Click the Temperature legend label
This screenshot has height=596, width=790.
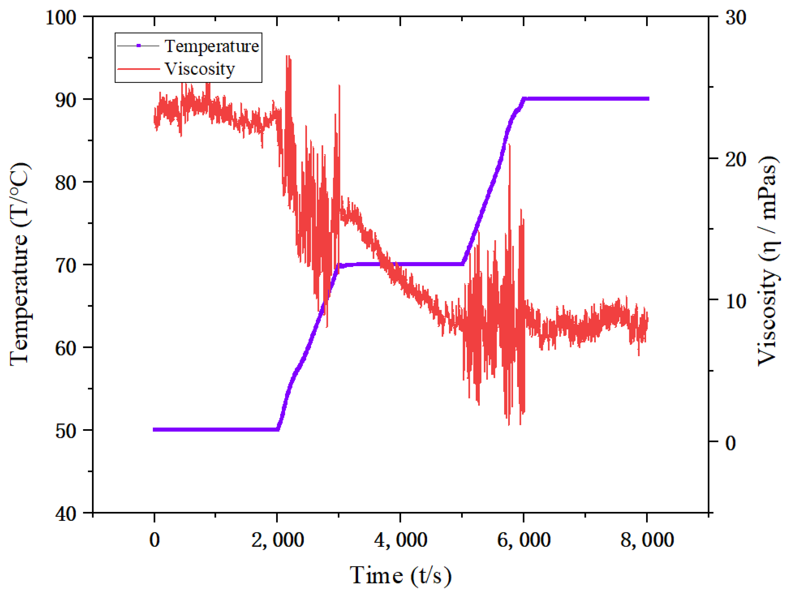[211, 46]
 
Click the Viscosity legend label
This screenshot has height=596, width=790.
[200, 68]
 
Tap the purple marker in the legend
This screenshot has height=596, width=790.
[139, 46]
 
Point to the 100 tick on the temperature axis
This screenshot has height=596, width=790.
[61, 17]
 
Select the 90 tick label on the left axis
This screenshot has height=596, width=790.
[66, 100]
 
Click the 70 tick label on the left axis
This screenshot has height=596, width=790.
[66, 266]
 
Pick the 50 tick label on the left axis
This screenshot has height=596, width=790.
[66, 431]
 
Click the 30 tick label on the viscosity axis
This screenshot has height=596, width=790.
[736, 17]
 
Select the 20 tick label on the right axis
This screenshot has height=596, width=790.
[736, 159]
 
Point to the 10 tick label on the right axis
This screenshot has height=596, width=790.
[736, 301]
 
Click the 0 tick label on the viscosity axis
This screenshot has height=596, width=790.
[731, 443]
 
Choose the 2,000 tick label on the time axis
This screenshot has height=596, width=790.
[277, 540]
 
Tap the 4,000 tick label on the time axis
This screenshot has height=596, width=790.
[401, 540]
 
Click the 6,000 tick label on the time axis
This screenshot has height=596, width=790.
[524, 540]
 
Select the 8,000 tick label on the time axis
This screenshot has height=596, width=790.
[647, 540]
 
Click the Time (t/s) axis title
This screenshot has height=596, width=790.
[401, 576]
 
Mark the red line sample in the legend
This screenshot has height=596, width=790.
[139, 68]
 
